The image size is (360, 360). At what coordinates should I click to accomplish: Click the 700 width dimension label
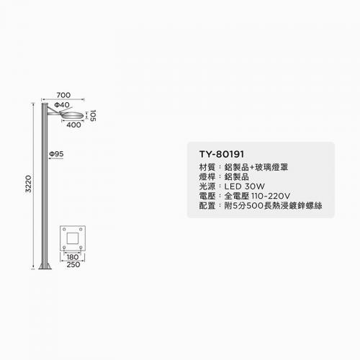[63, 95]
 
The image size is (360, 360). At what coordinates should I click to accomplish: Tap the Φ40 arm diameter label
[62, 105]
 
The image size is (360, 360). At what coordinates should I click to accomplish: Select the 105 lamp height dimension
[93, 116]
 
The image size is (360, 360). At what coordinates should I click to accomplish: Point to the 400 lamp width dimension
[73, 125]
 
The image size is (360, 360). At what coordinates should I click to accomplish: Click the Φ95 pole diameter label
[56, 154]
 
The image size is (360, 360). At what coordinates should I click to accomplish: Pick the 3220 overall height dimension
[28, 184]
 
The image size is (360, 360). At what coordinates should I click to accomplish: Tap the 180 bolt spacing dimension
[72, 257]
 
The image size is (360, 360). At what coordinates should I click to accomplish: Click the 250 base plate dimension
[73, 264]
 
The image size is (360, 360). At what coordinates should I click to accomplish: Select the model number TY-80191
[222, 154]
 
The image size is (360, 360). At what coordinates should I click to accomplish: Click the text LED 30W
[244, 186]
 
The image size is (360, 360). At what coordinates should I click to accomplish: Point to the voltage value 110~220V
[271, 196]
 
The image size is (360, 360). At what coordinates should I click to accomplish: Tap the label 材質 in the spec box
[207, 167]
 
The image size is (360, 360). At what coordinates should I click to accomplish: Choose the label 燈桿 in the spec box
[207, 177]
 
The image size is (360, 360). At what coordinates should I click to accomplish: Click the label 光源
[207, 186]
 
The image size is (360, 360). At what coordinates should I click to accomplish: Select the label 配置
[207, 206]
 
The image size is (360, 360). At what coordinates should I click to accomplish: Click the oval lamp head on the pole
[72, 114]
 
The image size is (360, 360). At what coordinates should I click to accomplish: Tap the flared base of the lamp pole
[45, 266]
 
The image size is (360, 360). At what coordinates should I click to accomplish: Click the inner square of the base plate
[73, 238]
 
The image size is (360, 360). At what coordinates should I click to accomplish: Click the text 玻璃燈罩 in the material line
[271, 167]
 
